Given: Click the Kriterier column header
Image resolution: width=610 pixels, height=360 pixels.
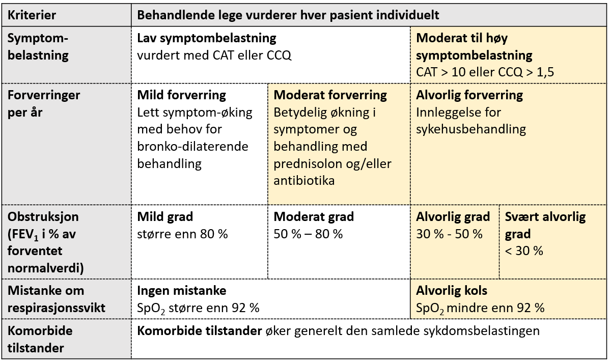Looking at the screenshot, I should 32,15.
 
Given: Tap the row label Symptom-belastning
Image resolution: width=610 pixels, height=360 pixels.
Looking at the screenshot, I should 38,46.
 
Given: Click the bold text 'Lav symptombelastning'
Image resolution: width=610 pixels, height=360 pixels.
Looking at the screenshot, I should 207,38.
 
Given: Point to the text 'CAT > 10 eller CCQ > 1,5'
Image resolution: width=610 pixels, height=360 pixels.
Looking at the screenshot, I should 485,72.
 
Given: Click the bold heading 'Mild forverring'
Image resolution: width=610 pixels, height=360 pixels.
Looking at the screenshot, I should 182,95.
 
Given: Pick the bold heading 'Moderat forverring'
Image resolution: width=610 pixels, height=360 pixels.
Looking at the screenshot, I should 330,95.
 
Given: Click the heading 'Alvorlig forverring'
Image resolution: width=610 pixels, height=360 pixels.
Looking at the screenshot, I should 469,95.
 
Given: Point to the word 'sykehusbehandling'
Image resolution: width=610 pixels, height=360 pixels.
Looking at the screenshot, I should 470,129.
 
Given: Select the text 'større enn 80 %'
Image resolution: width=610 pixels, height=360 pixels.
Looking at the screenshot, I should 182,234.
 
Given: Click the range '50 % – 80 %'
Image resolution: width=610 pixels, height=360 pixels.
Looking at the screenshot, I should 308,234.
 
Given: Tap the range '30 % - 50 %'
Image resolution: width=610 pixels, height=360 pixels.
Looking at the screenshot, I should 449,234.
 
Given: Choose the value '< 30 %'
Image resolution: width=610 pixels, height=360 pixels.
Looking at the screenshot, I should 524,251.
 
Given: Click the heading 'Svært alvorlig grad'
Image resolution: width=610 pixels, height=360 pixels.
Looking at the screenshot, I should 545,225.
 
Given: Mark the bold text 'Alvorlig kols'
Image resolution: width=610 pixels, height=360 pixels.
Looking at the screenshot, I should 452,291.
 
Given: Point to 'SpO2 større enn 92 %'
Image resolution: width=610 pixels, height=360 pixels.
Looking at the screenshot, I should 199,308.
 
